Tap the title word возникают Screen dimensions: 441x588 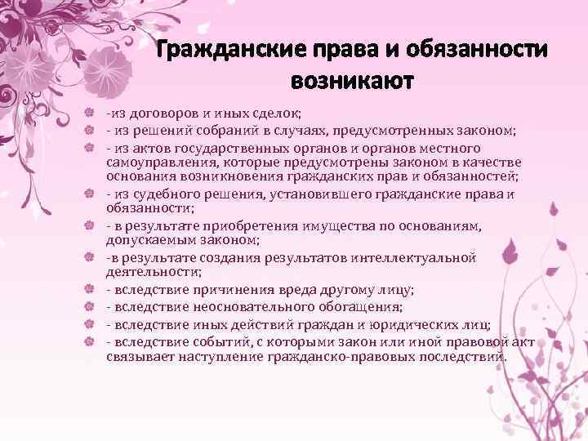(352, 82)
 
